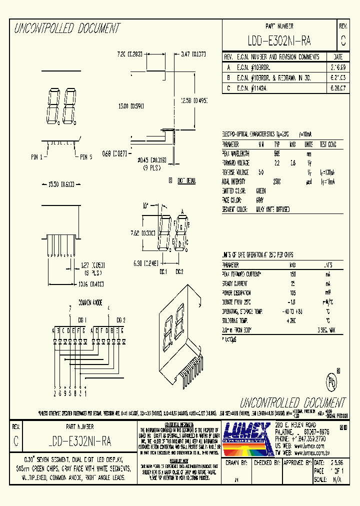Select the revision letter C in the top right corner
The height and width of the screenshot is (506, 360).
342,40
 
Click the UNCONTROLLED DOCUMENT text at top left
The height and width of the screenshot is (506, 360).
66,28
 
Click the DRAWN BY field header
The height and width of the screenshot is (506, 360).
236,463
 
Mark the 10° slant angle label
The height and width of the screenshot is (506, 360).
145,205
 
